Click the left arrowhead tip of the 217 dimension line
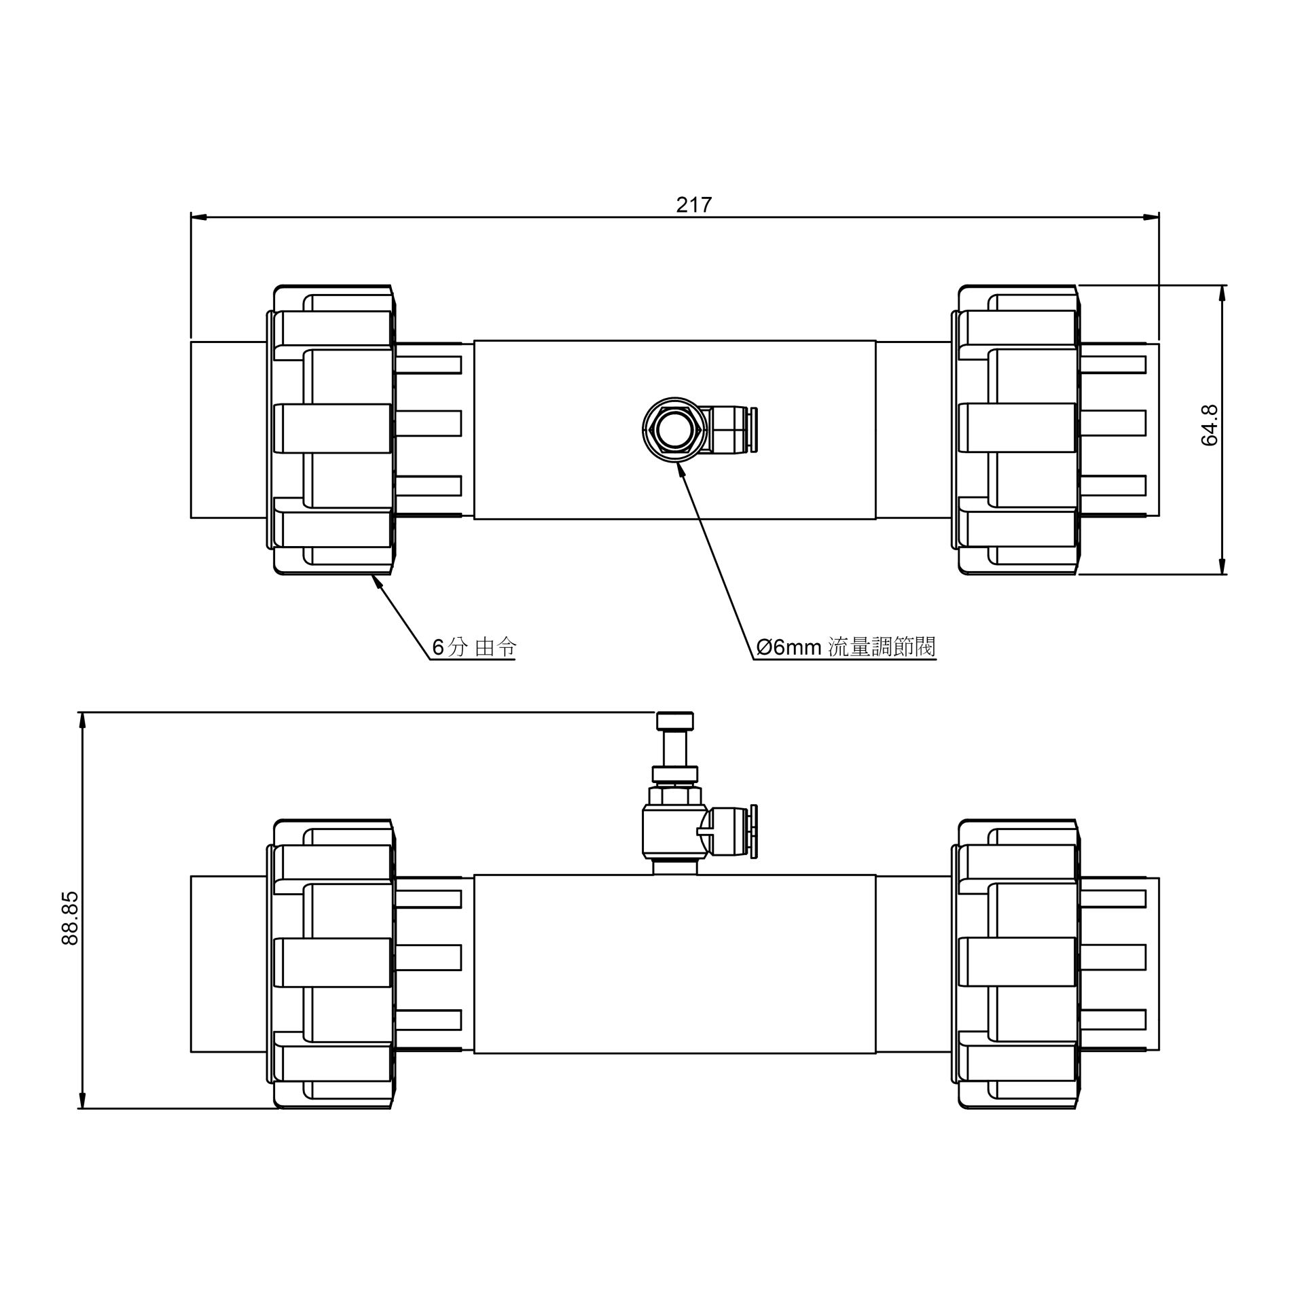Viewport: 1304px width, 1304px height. tap(191, 217)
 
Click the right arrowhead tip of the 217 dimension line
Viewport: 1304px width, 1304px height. tap(1159, 217)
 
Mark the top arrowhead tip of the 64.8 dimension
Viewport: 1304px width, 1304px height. tap(1222, 285)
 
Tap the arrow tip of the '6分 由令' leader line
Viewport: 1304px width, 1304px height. tap(372, 575)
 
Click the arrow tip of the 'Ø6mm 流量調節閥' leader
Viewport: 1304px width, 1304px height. tap(678, 463)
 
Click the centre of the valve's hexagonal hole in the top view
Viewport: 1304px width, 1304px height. tap(674, 430)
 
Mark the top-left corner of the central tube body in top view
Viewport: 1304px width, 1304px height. tap(474, 340)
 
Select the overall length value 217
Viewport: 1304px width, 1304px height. tap(693, 204)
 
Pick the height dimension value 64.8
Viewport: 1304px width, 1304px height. tap(1210, 425)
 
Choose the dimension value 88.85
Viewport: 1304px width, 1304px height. tap(70, 918)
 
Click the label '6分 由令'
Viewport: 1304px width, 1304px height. tap(474, 647)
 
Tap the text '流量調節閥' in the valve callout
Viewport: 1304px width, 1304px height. tap(882, 647)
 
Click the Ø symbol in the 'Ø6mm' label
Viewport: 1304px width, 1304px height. tap(764, 647)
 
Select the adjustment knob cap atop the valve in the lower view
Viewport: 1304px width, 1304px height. tap(675, 720)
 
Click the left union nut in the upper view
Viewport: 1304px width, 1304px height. tap(331, 430)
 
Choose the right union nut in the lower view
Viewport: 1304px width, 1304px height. tap(1017, 964)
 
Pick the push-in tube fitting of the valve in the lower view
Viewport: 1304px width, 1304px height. tap(732, 831)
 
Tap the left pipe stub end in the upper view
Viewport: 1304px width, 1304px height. tap(229, 430)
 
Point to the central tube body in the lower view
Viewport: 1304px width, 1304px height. tap(675, 964)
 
